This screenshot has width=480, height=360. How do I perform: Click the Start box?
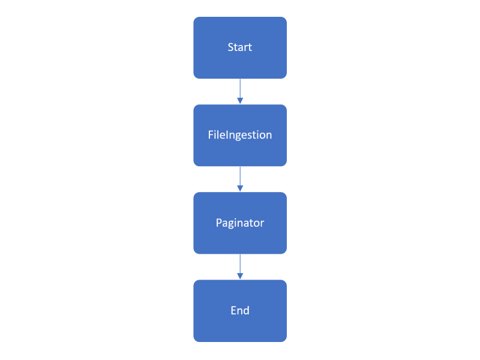tap(240, 47)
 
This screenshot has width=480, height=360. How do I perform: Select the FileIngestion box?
tap(240, 136)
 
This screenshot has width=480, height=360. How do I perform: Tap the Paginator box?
tap(240, 223)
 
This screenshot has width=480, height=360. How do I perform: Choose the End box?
tap(240, 311)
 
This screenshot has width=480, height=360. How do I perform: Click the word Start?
tap(240, 47)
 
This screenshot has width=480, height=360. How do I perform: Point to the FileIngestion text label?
tap(240, 136)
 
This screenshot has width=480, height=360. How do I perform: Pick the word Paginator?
tap(240, 223)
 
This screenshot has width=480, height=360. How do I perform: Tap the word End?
tap(240, 310)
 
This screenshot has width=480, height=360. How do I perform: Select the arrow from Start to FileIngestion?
tap(240, 91)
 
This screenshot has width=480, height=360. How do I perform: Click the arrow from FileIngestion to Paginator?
tap(240, 179)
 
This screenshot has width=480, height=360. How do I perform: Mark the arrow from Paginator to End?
tap(240, 266)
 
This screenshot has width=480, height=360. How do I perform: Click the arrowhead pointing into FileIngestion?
tap(240, 101)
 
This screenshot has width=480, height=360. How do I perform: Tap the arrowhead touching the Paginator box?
tap(240, 188)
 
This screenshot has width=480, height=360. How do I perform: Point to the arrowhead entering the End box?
tap(240, 276)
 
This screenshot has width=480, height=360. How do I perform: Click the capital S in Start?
tap(231, 47)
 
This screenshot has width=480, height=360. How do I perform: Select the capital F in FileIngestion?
tap(211, 134)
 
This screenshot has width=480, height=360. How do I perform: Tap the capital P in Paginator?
tap(219, 223)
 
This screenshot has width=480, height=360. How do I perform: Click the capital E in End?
tap(233, 310)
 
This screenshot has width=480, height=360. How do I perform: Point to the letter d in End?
tap(247, 310)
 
